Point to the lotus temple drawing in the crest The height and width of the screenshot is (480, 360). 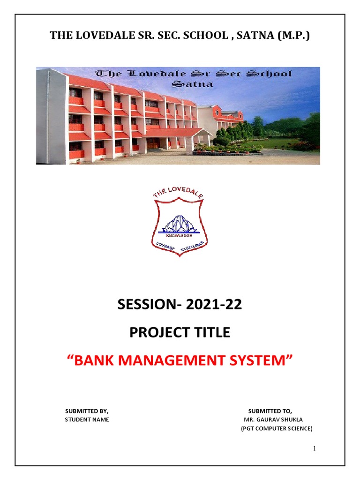coord(180,224)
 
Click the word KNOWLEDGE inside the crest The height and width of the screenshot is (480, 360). coord(180,236)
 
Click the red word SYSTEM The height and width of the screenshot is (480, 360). coord(266,361)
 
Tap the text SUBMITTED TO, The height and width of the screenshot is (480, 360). coord(270,411)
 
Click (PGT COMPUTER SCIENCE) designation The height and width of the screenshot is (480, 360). coord(276,428)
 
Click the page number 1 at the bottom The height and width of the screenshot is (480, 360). coord(315,449)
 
